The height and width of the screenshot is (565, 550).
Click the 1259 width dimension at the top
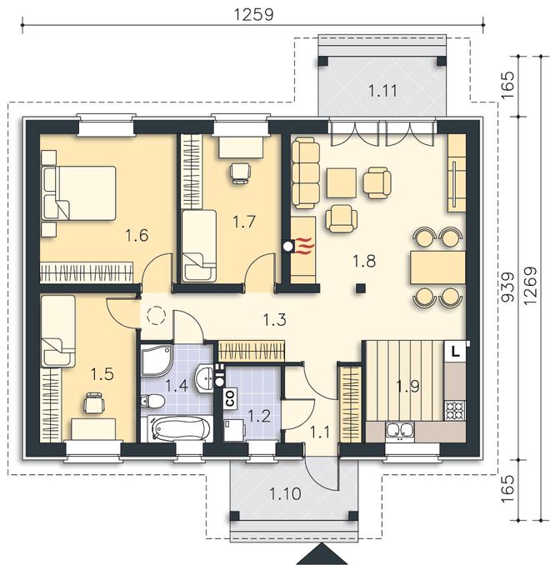pos(254,14)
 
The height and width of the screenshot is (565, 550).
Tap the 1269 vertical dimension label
pos(530,286)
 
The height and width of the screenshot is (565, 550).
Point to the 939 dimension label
pos(507,287)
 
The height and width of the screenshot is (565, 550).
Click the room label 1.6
pos(137,235)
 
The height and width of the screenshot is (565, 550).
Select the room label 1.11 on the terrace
pos(382,91)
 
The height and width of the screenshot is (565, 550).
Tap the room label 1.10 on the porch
pos(286,493)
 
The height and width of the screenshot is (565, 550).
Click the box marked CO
pos(230,398)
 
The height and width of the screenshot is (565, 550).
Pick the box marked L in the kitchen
pos(456,352)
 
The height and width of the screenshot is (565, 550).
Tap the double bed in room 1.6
pos(79,193)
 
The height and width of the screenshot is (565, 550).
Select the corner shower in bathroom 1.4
pos(157,360)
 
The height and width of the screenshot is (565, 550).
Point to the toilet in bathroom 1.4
pos(152,401)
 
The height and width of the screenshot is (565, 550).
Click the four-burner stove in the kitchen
pos(455,411)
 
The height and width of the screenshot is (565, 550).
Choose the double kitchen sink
pos(399,430)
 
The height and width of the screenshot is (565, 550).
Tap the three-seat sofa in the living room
pos(306,174)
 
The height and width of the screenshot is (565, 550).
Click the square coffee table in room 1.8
pos(342,183)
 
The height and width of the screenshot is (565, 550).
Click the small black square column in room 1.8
pos(361,288)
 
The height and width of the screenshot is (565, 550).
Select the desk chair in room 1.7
pos(240,173)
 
